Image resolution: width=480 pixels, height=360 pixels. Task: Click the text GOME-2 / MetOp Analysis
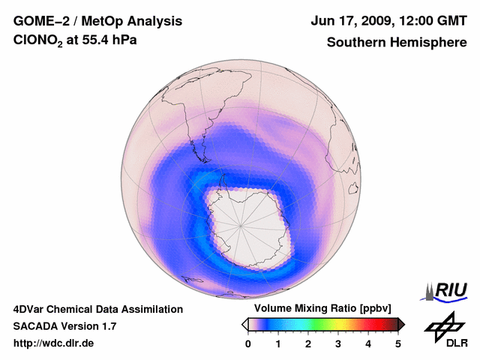pos(97,21)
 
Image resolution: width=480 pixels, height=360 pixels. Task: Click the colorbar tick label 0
pos(248,343)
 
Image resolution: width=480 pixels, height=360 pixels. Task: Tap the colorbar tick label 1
pos(278,343)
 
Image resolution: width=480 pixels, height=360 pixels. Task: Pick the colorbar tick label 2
pos(308,343)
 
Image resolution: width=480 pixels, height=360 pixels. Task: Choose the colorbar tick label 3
pos(338,343)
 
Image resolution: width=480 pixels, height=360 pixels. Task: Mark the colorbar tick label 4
pos(368,343)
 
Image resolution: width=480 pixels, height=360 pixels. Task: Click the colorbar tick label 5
pos(398,343)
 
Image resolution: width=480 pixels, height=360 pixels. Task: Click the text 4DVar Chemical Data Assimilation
pos(97,309)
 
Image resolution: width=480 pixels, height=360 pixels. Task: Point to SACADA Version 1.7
pos(64,326)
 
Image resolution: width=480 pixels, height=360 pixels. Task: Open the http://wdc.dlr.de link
pos(54,343)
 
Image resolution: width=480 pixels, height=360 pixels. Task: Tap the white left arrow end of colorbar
pos(244,324)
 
